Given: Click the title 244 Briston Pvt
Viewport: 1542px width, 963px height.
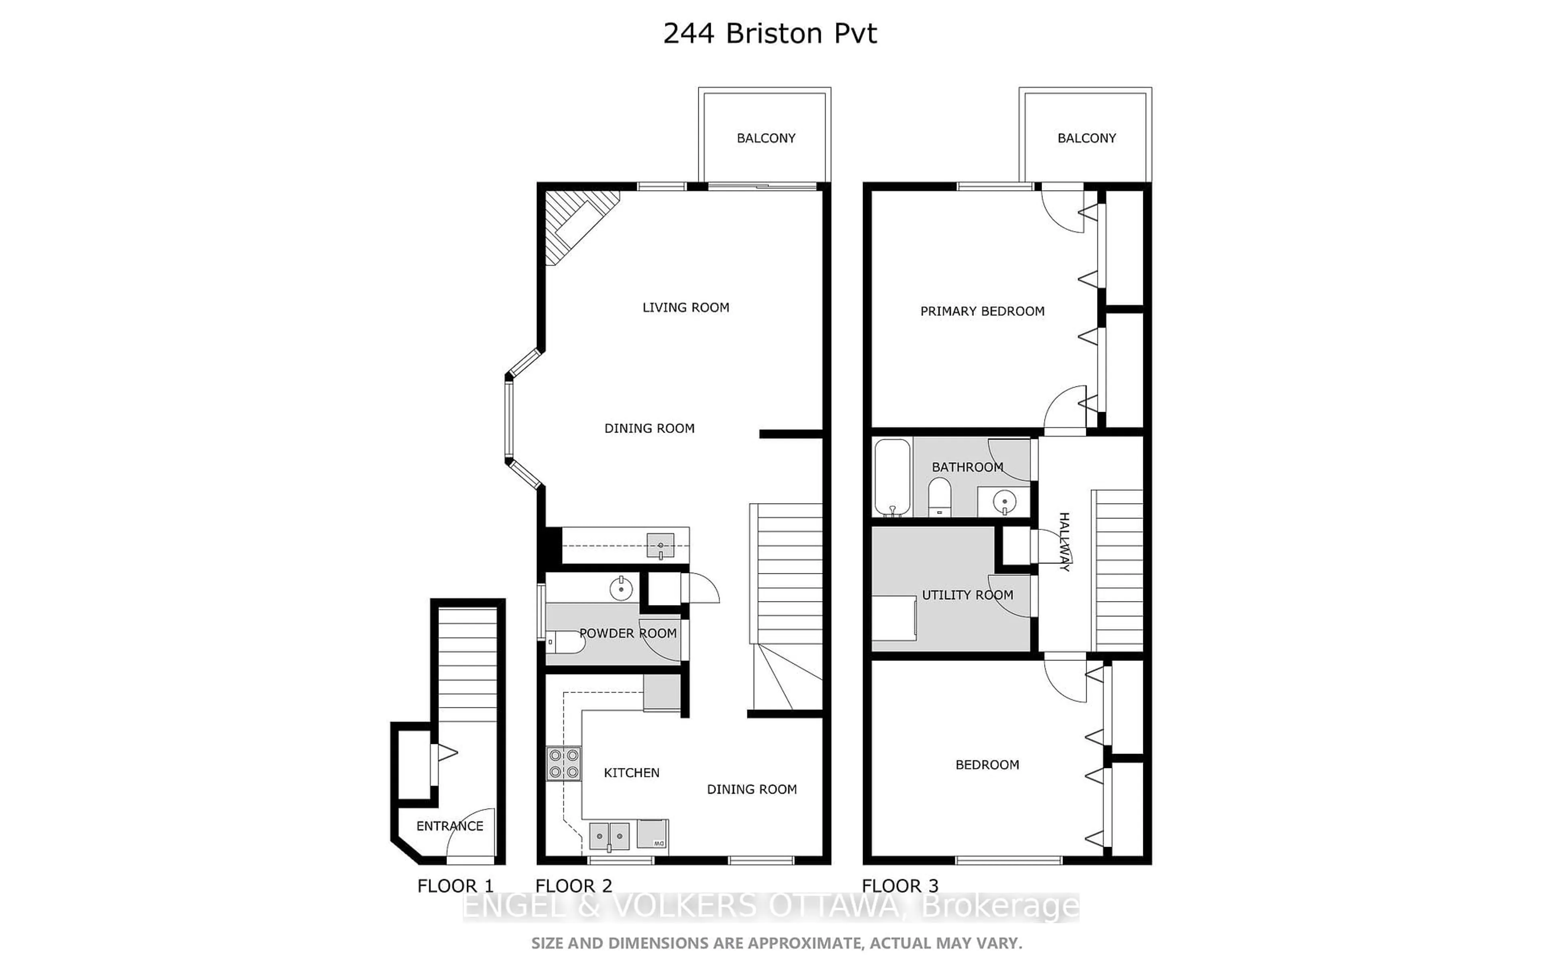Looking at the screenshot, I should pyautogui.click(x=770, y=33).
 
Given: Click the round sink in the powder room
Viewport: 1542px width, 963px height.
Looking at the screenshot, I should pyautogui.click(x=621, y=589).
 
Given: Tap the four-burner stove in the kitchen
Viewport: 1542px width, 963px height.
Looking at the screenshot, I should pyautogui.click(x=564, y=764).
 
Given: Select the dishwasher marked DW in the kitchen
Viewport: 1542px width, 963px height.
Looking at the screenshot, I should pyautogui.click(x=653, y=834).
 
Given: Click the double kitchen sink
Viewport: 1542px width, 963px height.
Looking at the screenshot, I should pyautogui.click(x=609, y=836).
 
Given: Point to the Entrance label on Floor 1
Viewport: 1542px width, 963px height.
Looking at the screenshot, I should pyautogui.click(x=450, y=826).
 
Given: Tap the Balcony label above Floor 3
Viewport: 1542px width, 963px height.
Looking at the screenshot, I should pyautogui.click(x=1086, y=138).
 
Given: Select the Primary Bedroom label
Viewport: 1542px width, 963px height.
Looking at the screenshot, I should pyautogui.click(x=982, y=311).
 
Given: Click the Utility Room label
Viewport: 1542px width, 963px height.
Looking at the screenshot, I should pyautogui.click(x=967, y=595).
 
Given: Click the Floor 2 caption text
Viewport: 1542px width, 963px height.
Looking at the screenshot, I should pyautogui.click(x=573, y=886).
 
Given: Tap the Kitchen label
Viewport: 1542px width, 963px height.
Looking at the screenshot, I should pyautogui.click(x=631, y=772).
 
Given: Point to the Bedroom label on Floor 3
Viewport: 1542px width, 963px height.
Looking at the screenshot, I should pyautogui.click(x=987, y=765).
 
